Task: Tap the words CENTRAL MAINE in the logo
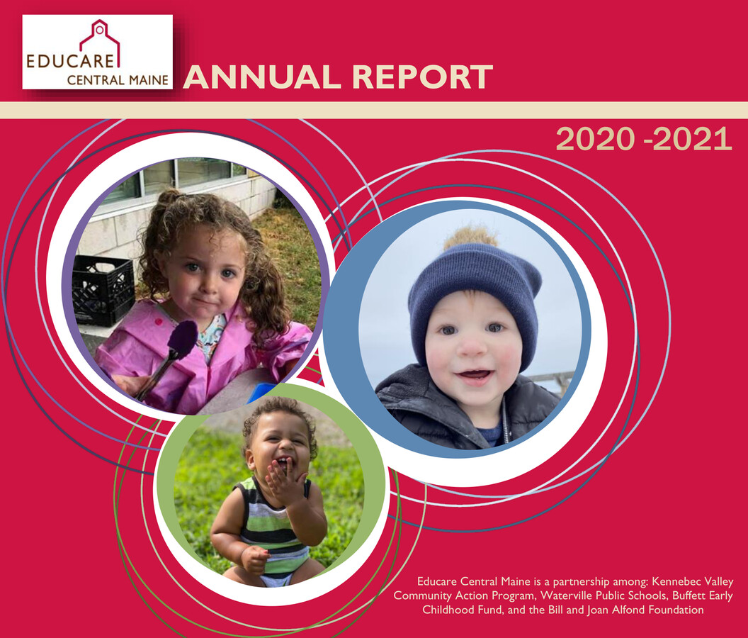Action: click(118, 79)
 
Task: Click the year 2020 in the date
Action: click(595, 140)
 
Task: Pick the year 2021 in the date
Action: click(692, 140)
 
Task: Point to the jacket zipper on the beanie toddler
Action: click(505, 425)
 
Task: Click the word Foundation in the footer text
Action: click(678, 610)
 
